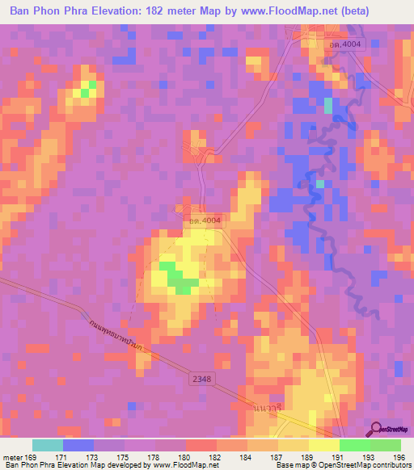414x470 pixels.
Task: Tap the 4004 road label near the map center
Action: click(200, 220)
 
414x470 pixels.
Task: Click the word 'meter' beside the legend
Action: click(11, 456)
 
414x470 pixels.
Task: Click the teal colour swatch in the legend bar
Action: click(48, 445)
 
